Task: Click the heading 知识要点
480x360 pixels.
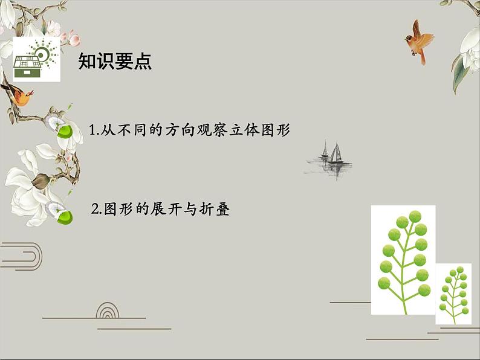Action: click(115, 62)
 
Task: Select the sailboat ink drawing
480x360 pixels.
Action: click(330, 158)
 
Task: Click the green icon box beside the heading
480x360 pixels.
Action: click(36, 59)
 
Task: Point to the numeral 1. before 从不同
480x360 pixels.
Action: click(94, 130)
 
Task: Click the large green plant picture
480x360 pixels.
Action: click(403, 260)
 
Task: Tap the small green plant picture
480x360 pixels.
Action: click(453, 294)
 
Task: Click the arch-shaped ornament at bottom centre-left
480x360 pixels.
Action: click(108, 310)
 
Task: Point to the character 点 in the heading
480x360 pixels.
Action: click(143, 62)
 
